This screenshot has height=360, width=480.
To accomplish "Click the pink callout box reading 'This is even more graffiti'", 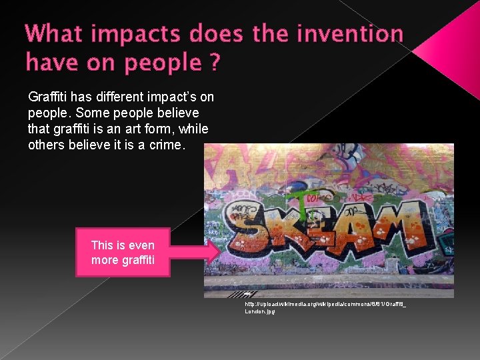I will point(123,252).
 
